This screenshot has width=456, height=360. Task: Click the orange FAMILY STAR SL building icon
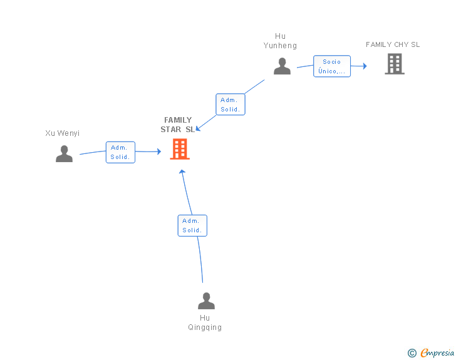[x=180, y=149]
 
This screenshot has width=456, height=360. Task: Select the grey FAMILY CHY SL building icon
[x=395, y=64]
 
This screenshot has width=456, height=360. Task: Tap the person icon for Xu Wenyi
[x=65, y=153]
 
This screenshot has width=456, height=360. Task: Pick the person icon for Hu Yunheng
[x=282, y=66]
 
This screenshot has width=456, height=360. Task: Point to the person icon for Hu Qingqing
[x=206, y=301]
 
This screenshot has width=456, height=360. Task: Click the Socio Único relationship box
[x=332, y=66]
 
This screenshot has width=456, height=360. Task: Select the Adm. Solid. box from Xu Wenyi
[x=120, y=152]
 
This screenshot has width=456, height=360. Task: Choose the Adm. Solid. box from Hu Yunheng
[x=231, y=105]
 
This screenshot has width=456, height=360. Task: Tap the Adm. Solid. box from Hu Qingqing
[x=192, y=225]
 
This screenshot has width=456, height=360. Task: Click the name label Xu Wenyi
[x=62, y=133]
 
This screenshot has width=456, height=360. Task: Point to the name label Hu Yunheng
[x=280, y=41]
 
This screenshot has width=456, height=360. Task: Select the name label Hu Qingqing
[x=205, y=322]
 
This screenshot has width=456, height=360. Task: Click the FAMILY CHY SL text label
[x=393, y=44]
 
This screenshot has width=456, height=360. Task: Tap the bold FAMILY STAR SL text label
[x=177, y=125]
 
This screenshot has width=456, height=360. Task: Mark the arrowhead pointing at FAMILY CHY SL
[x=365, y=66]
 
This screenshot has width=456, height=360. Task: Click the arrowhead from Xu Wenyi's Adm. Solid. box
[x=159, y=152]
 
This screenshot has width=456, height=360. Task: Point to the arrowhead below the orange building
[x=182, y=172]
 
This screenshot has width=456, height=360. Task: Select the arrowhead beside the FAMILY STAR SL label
[x=198, y=128]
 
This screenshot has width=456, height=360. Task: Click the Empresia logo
[x=437, y=352]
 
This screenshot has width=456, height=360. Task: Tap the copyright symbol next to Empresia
[x=412, y=353]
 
